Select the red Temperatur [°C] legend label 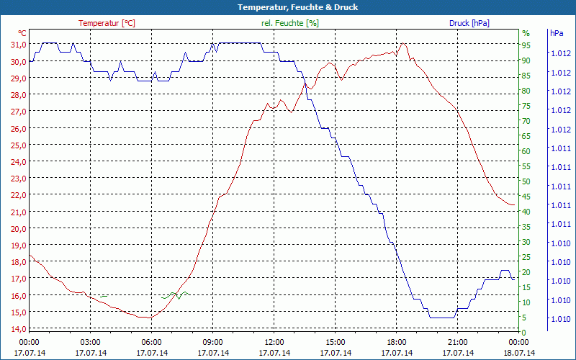click(107, 23)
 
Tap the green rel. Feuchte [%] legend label click(290, 23)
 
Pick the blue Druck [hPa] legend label click(469, 23)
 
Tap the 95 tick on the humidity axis click(526, 45)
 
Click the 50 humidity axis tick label click(526, 181)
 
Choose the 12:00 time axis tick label click(274, 342)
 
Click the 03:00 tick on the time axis click(90, 342)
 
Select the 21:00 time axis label click(457, 342)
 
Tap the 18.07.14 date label click(518, 353)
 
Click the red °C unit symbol click(22, 33)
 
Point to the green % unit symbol click(526, 33)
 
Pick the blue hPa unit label click(557, 33)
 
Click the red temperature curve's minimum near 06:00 click(147, 317)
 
